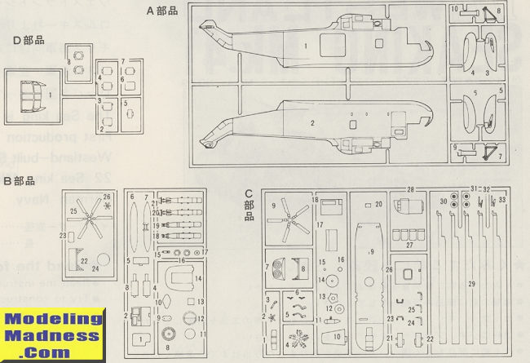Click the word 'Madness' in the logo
pyautogui.click(x=50, y=336)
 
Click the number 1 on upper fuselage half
pyautogui.click(x=305, y=46)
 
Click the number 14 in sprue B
pyautogui.click(x=197, y=279)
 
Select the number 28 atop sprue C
pyautogui.click(x=410, y=190)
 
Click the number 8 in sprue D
pyautogui.click(x=68, y=61)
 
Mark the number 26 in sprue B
pyautogui.click(x=107, y=197)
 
